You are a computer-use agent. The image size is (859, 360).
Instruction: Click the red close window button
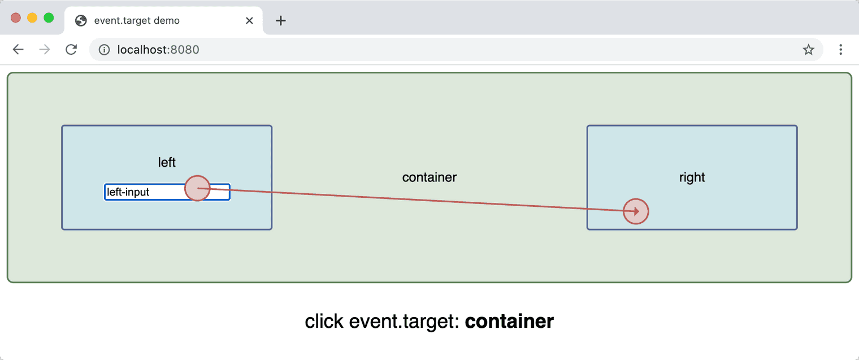16,18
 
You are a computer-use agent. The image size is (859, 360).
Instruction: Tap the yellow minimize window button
32,18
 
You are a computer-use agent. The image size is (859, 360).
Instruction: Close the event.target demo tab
249,21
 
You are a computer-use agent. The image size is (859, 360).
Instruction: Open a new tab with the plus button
281,21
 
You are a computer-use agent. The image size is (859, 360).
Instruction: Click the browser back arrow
18,50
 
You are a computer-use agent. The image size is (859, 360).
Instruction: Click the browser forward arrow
45,50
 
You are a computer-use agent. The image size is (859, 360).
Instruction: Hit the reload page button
71,50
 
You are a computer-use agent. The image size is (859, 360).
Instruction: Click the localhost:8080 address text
158,50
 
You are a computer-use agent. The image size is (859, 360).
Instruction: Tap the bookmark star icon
809,50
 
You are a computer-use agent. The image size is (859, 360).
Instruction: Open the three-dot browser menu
841,50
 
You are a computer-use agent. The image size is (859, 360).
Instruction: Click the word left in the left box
167,163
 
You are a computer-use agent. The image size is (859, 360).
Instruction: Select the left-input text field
144,192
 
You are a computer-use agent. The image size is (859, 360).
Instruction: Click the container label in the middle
429,177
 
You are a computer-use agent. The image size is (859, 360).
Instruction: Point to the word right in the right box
692,177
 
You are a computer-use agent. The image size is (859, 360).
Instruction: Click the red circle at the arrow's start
198,188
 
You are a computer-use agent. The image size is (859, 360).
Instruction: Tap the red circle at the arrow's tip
636,211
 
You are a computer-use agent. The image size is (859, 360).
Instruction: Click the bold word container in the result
509,322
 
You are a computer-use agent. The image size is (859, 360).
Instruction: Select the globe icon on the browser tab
81,21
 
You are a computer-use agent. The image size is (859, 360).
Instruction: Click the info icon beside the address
104,50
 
